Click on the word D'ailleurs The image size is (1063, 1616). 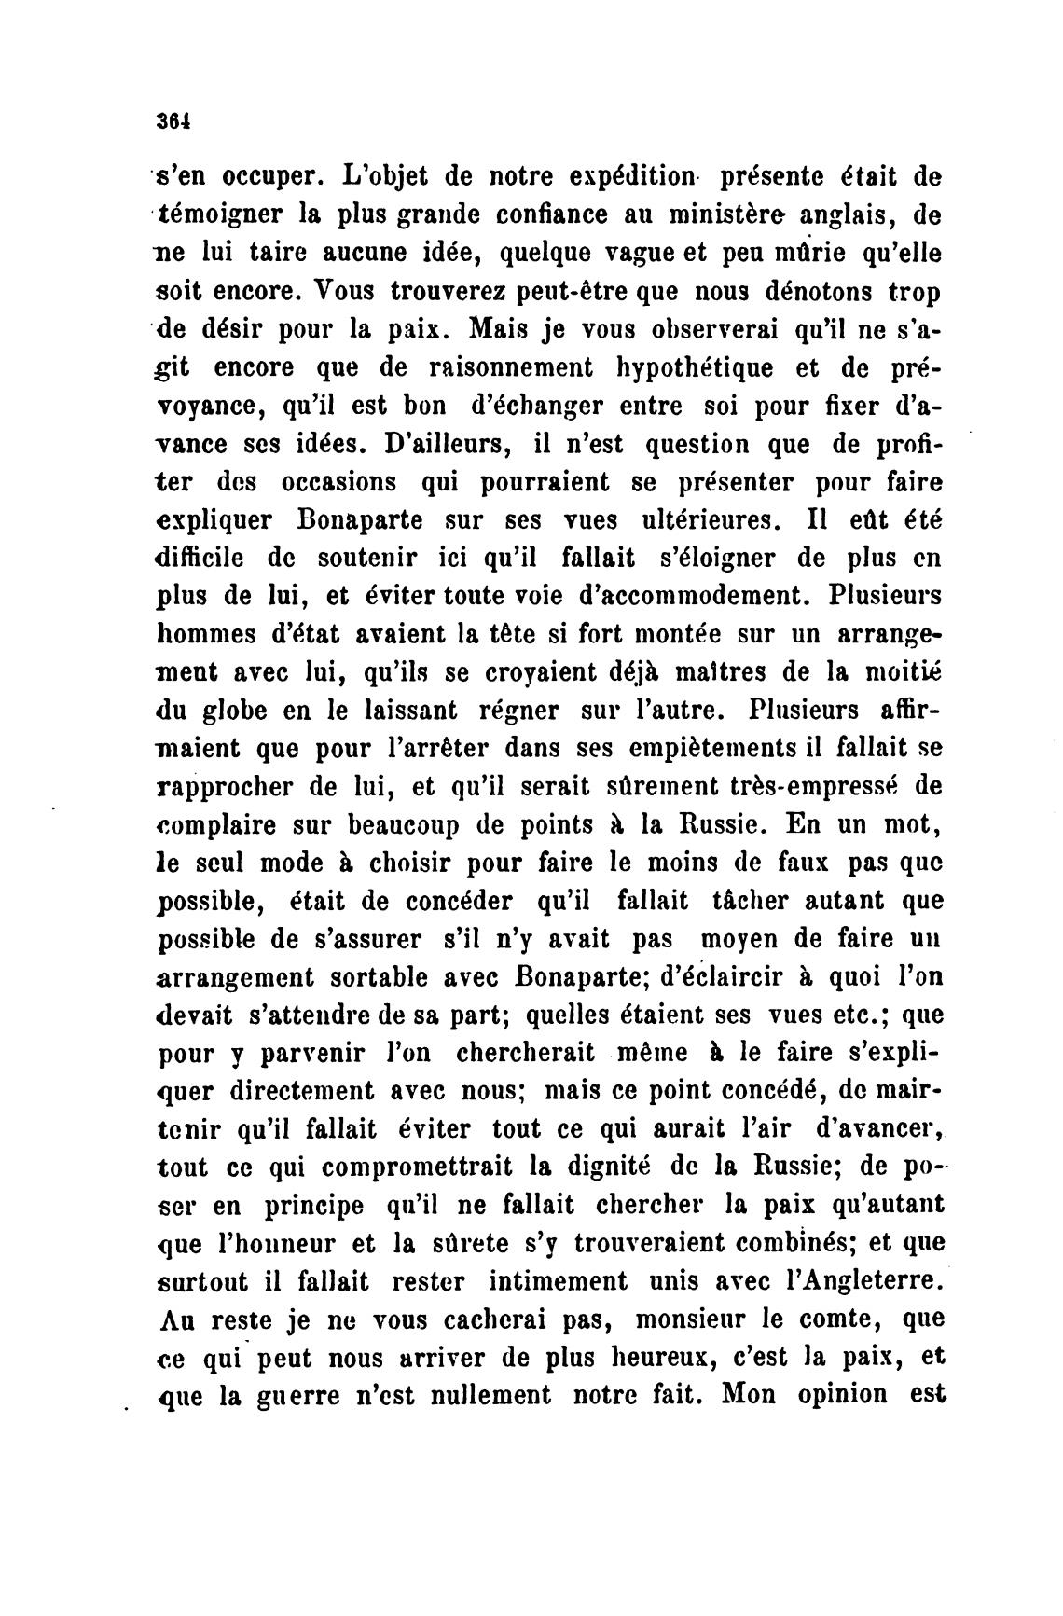(x=446, y=444)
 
